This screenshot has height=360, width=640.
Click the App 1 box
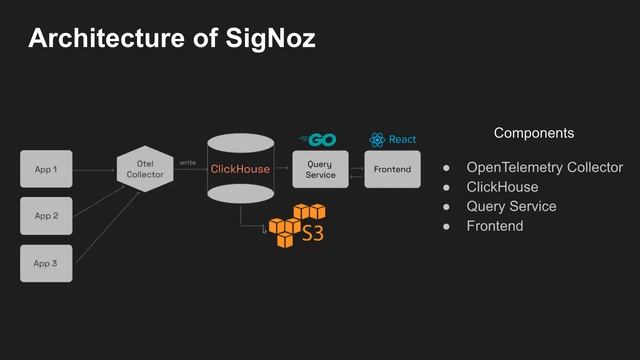coord(46,170)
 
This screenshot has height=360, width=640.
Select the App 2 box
coord(46,216)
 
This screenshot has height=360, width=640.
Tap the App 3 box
coord(46,263)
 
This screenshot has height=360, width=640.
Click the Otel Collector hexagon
coord(145,169)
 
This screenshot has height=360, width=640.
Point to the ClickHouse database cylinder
coord(240,169)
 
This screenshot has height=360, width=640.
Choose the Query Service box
coord(320,169)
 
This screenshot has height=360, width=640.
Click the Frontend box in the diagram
coord(392,169)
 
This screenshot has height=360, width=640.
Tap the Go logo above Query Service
coord(318,139)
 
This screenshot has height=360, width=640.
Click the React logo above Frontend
coord(392,139)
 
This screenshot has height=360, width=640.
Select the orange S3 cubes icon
coord(299,225)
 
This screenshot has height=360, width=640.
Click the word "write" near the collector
coord(187,162)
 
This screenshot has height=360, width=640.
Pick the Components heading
coord(534,133)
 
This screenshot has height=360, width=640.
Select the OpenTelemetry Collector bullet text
coord(544,167)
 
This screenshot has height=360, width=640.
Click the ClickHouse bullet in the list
coord(502,187)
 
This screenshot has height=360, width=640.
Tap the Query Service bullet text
coord(511,206)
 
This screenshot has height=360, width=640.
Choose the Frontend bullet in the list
coord(495,226)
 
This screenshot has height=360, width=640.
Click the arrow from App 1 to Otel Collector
coord(95,170)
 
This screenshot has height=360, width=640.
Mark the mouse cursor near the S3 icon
coord(264,230)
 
